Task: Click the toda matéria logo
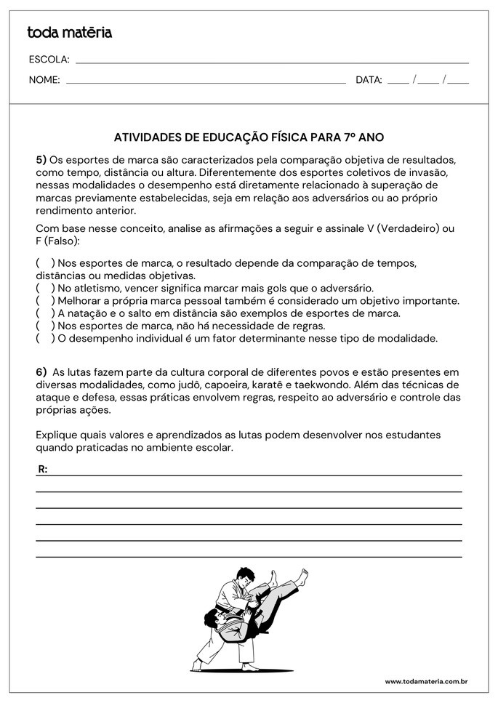(x=70, y=32)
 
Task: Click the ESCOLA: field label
(x=49, y=60)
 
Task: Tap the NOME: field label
(x=44, y=80)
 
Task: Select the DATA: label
(x=369, y=80)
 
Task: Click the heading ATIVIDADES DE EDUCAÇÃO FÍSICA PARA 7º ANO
(x=249, y=137)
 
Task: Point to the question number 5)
(x=41, y=159)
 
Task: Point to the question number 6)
(x=41, y=371)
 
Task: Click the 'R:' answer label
(x=43, y=470)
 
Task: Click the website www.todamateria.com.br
(x=425, y=681)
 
